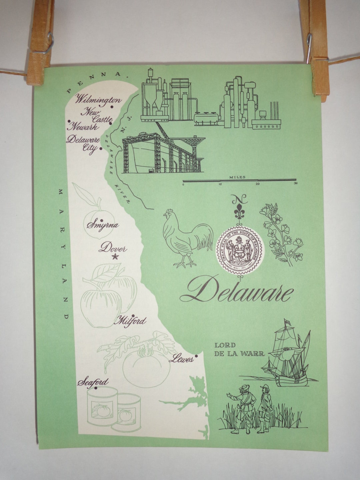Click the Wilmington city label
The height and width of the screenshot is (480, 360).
[x=98, y=99]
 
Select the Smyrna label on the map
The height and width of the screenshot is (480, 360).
[x=103, y=225]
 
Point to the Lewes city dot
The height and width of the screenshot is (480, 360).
[x=196, y=356]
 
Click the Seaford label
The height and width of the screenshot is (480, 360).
[x=93, y=382]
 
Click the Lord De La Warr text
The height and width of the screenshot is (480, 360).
[x=239, y=349]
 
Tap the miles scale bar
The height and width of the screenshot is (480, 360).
[x=239, y=180]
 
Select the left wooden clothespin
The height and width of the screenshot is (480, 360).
[x=40, y=42]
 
